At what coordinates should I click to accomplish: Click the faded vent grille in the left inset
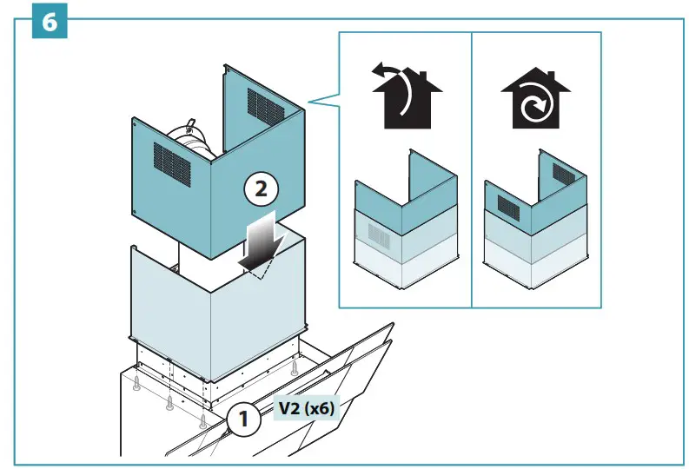point(380,234)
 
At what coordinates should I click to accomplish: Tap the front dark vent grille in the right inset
point(508,204)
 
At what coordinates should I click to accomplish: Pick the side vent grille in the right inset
point(563,174)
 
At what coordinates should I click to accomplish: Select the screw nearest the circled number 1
point(203,422)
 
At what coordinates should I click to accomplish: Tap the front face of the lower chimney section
point(174,295)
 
